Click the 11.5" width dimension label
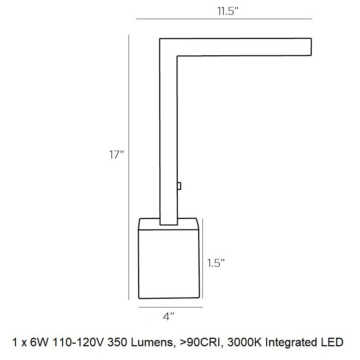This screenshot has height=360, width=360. point(228,11)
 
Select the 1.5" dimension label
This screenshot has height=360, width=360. point(216,264)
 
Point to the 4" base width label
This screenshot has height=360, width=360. point(168,317)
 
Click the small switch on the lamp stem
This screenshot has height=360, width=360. point(179,186)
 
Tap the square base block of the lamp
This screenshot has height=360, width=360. point(169,264)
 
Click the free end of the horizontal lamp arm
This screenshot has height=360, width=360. point(307,47)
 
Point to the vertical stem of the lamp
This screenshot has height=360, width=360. point(168,141)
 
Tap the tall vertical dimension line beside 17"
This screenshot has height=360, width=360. point(128,167)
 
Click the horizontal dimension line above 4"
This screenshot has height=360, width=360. point(171,307)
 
